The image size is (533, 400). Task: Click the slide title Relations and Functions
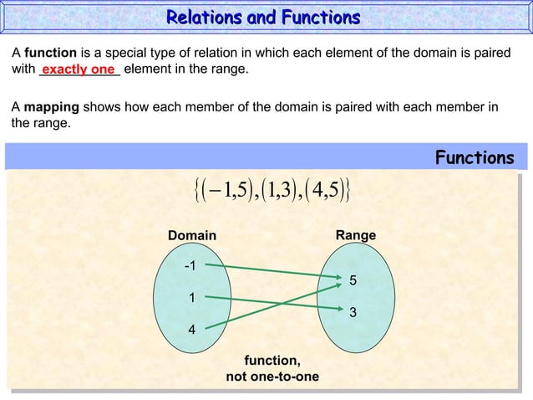point(263,18)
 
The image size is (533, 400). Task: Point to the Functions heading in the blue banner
point(475,158)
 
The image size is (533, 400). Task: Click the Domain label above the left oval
point(191,237)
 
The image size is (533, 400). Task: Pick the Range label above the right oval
point(355,237)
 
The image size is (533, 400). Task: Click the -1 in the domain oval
point(190,266)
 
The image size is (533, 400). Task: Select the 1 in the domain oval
point(191,297)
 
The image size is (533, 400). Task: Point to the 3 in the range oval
point(353,313)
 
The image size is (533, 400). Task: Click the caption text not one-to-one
point(272,377)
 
